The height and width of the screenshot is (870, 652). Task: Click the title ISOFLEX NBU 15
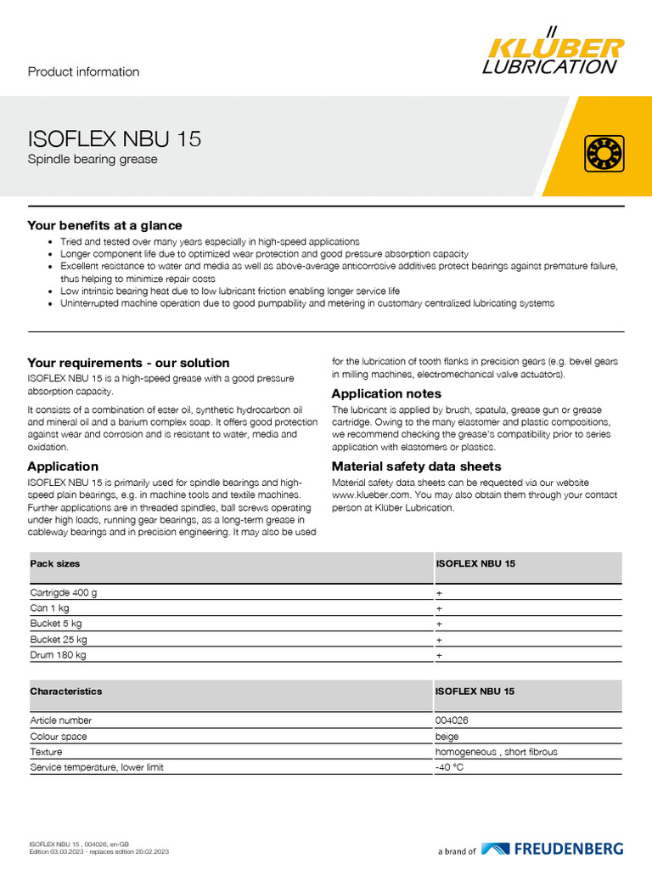(115, 138)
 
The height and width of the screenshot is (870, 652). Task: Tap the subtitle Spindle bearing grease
(93, 159)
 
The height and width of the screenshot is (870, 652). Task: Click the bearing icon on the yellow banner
(604, 153)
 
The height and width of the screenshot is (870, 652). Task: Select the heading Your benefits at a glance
(104, 225)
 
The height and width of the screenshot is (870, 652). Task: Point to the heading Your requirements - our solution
(128, 363)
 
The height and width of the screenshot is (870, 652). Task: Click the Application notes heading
(386, 393)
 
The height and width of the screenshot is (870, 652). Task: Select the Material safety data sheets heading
(416, 466)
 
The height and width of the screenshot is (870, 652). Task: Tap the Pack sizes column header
(55, 563)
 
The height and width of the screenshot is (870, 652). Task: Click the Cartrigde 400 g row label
(64, 592)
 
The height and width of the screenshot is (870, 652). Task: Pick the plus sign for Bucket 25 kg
(439, 640)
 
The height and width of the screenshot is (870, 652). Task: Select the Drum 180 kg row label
(59, 655)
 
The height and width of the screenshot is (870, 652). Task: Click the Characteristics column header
(66, 692)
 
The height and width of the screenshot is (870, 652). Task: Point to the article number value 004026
(452, 720)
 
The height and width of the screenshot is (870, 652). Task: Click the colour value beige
(447, 737)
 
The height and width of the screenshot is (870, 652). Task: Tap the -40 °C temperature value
(450, 767)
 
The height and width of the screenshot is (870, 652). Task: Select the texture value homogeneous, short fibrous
(497, 752)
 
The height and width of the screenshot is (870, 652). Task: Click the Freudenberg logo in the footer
(552, 849)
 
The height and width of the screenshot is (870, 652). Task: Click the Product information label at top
(83, 72)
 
